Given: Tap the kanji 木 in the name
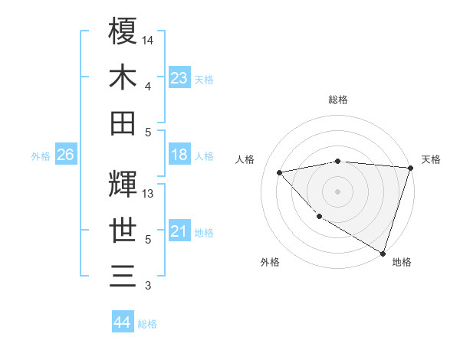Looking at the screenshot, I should (123, 77).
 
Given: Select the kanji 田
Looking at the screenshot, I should (123, 123).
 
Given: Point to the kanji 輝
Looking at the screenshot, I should (123, 185).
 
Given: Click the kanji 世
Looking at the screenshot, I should (123, 231).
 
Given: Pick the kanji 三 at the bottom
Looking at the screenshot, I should (123, 277).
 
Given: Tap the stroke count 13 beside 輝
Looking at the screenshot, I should (149, 194).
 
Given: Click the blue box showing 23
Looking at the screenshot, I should (179, 78).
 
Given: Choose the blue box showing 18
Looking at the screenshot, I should (179, 155).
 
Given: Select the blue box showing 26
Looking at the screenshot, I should (65, 155).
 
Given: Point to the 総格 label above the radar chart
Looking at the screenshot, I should (337, 100).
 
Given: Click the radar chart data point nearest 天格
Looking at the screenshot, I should (411, 168).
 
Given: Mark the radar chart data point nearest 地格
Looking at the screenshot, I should (383, 252).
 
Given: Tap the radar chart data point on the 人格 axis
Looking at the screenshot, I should (280, 172).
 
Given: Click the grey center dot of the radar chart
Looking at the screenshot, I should (337, 191).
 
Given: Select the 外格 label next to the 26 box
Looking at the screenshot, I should (41, 156).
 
